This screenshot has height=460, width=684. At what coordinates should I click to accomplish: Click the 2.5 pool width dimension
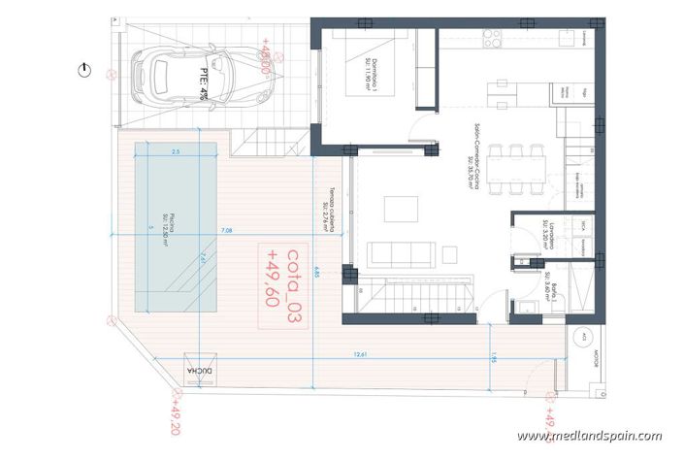pyautogui.click(x=176, y=152)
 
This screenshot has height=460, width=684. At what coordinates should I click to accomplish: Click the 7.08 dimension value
pyautogui.click(x=226, y=231)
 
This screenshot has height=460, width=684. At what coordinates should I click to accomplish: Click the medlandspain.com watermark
pyautogui.click(x=603, y=436)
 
